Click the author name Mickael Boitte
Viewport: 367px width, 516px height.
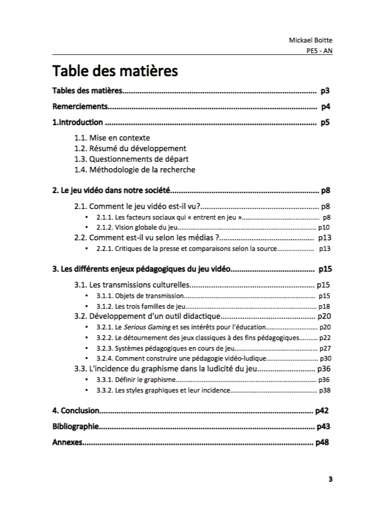310,40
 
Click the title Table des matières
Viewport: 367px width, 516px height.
115,71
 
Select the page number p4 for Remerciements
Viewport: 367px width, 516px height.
325,107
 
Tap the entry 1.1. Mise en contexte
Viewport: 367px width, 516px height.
112,138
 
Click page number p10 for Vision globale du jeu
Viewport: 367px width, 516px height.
324,227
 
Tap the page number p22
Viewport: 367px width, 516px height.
325,338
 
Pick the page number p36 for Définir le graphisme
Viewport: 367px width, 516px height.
324,380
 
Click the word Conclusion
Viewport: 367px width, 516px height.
80,410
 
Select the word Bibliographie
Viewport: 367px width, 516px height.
75,426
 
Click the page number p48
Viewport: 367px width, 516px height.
323,442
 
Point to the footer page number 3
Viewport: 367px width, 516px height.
330,479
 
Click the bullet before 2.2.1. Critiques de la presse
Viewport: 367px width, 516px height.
87,249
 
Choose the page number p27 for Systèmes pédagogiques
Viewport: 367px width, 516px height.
325,348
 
